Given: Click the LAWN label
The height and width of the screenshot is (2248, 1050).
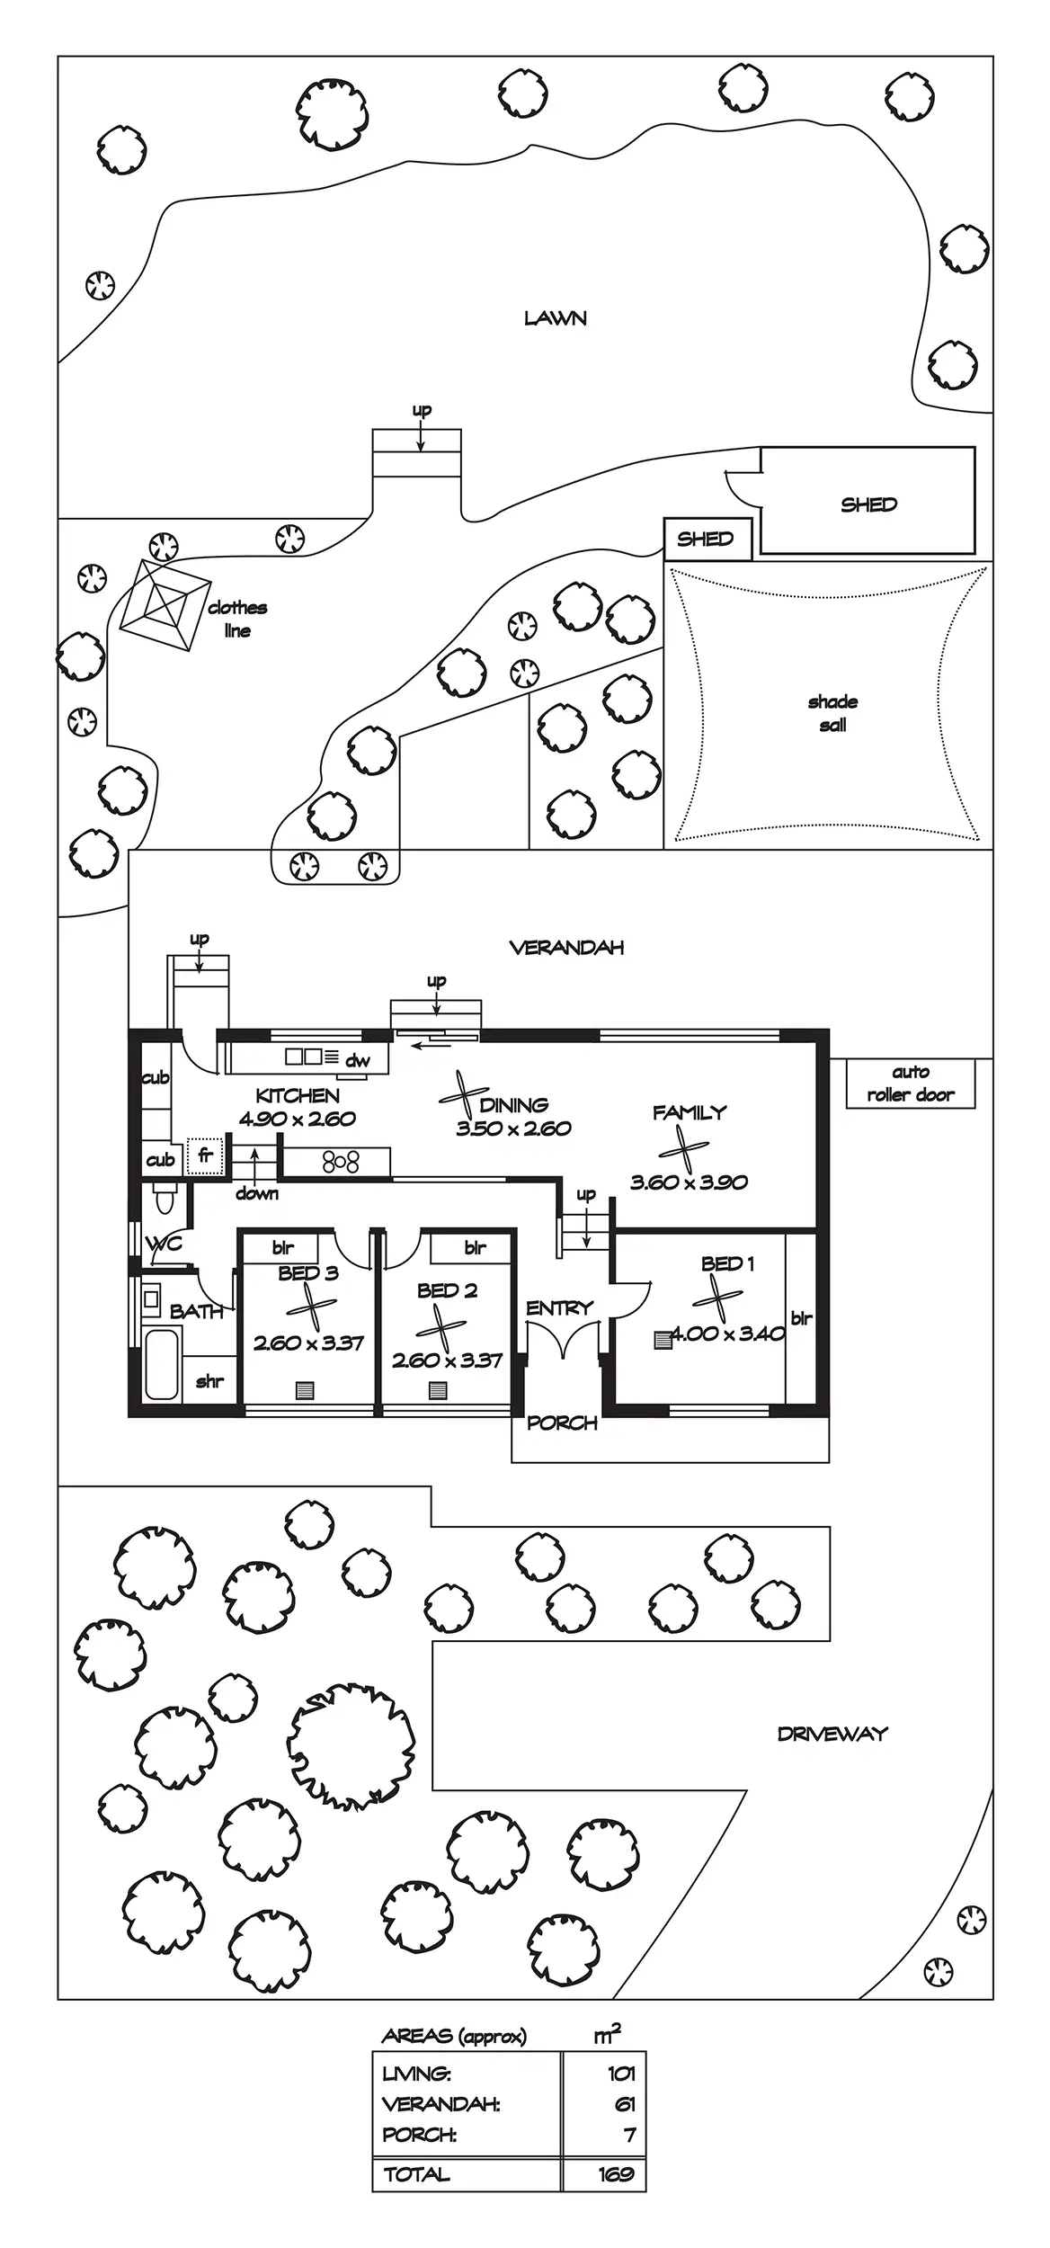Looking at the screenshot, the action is point(556,318).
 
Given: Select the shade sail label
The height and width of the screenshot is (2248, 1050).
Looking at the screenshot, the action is point(832,713).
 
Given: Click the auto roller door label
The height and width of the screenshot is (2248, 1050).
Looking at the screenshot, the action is point(910,1084).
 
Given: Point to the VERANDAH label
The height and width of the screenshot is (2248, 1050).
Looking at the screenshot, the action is point(566,948).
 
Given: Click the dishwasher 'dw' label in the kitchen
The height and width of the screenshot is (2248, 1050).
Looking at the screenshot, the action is point(358,1061).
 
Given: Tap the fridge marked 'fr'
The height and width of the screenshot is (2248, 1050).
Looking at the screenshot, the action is point(205,1155).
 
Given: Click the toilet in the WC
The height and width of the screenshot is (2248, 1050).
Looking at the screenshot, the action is point(165,1200).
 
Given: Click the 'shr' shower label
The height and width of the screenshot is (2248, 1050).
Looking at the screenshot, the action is point(209,1381).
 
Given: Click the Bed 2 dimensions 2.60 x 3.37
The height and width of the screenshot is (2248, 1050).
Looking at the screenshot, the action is point(447,1360).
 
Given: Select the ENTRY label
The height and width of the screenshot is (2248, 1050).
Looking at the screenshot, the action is point(560,1308).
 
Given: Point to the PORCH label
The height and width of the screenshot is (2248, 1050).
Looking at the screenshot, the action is point(562,1423).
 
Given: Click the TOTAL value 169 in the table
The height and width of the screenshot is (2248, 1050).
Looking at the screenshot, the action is point(617,2174).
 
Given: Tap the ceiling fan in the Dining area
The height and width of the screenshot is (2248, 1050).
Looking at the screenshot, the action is point(463,1096).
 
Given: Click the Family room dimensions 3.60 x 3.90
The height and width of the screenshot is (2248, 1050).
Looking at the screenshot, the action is point(689,1182).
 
